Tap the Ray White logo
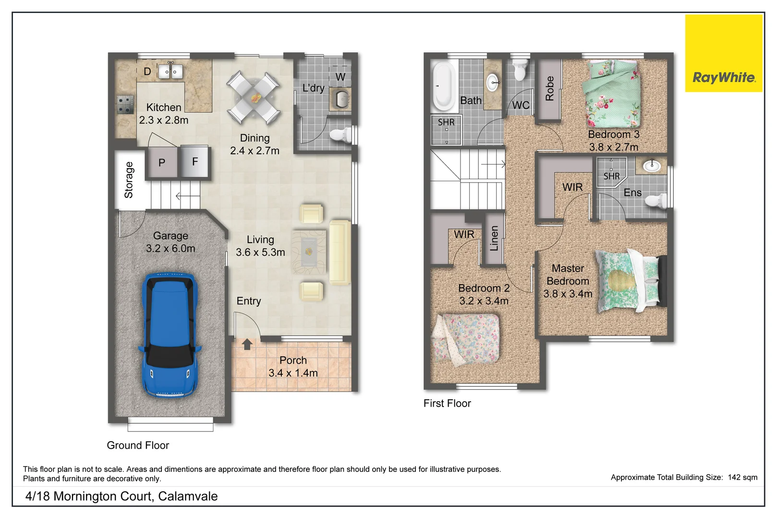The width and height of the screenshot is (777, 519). tap(723, 77)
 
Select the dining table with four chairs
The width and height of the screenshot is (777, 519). tap(254, 98)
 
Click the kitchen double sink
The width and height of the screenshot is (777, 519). tap(170, 72)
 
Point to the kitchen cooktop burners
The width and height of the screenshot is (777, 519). tap(125, 104)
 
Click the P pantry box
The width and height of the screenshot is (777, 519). tap(162, 163)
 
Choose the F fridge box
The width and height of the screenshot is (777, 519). tap(195, 161)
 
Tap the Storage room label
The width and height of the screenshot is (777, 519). tap(129, 180)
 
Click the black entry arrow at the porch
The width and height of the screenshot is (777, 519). tap(247, 344)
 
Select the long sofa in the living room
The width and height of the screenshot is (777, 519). tap(340, 252)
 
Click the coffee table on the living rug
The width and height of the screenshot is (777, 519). tap(309, 251)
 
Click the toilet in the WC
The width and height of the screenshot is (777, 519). tap(520, 70)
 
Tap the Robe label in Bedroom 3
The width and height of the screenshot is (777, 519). tap(549, 88)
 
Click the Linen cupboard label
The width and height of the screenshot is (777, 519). tap(494, 239)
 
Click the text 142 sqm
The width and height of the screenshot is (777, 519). tap(742, 477)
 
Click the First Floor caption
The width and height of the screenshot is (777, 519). tap(447, 404)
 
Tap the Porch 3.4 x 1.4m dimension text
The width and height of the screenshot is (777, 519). tap(293, 373)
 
